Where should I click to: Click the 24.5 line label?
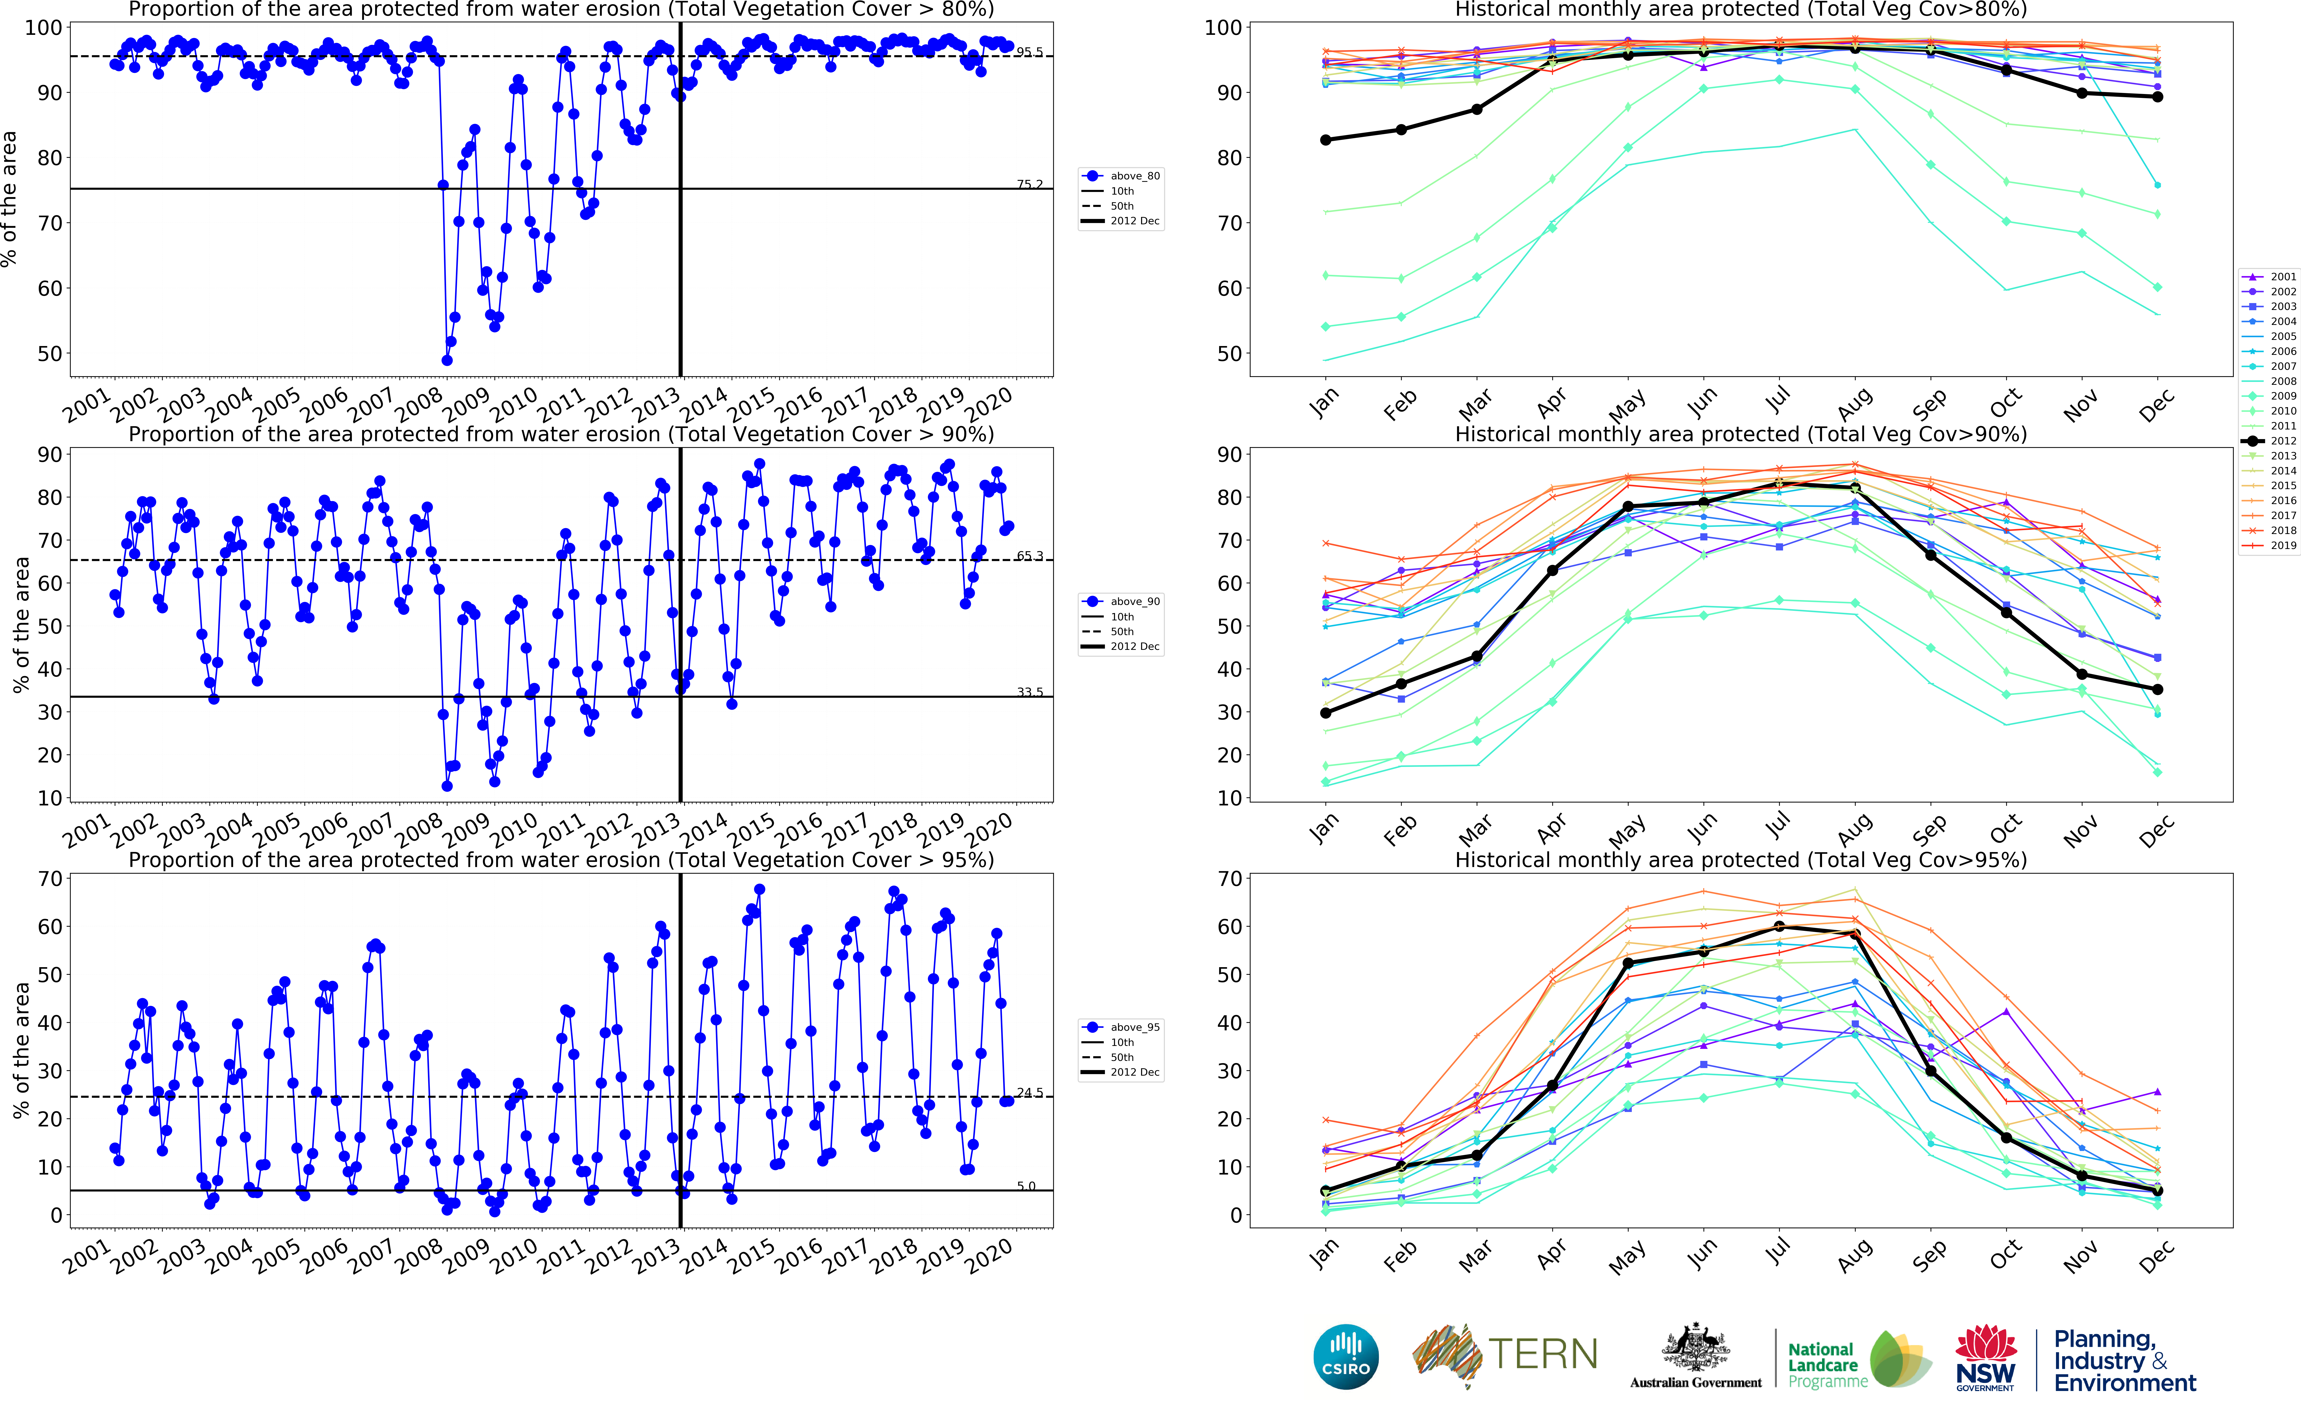(x=1029, y=1093)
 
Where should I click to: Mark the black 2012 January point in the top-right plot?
(x=1325, y=140)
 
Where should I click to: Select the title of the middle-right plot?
(x=1741, y=434)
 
